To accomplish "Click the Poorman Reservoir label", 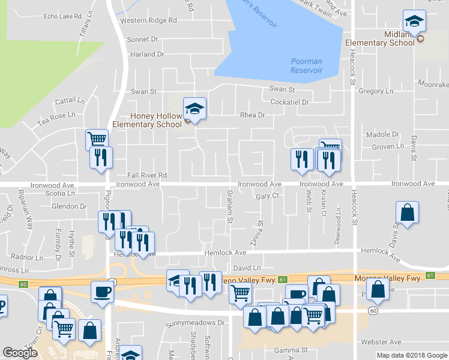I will point(306,66).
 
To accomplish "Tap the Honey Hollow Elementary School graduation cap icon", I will point(194,108).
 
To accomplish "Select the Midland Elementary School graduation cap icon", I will point(414,22).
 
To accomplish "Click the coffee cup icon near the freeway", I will point(101,292).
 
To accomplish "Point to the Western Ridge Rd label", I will point(149,20).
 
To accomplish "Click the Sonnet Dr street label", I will point(142,39).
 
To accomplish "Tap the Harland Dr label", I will point(147,55).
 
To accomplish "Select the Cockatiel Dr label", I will point(289,103).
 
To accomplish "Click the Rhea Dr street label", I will point(252,115).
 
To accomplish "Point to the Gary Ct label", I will point(268,196).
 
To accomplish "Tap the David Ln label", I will point(247,268).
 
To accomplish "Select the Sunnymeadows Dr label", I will point(195,323).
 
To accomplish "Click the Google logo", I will point(20,353).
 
